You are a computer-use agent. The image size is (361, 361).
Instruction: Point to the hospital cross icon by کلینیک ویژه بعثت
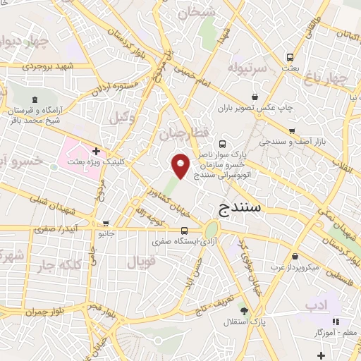click(x=96, y=150)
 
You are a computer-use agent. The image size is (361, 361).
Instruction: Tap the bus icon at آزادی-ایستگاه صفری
click(x=185, y=231)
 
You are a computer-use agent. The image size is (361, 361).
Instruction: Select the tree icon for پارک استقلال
click(x=244, y=311)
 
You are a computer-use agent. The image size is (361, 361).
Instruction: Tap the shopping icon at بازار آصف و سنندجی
click(x=292, y=131)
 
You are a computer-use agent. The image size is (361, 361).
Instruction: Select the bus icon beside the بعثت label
click(x=289, y=57)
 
